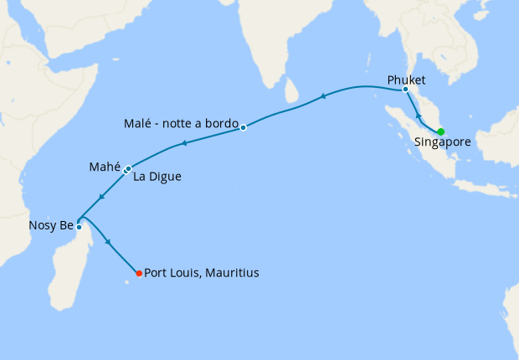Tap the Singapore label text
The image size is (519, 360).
442,142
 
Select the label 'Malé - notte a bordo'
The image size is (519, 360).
182,122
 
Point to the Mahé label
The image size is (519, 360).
105,167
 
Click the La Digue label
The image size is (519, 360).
157,177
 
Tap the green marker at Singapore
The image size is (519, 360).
440,131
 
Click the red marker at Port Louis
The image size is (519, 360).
138,272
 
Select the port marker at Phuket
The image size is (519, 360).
405,89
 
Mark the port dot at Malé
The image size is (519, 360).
243,127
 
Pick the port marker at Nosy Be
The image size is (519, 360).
79,227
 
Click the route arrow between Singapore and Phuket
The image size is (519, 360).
419,115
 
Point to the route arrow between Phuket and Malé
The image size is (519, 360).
323,99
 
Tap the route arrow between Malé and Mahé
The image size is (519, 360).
183,144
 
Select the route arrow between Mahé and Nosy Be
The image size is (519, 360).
100,198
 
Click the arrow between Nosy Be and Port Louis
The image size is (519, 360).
108,242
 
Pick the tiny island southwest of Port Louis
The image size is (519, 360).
128,281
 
